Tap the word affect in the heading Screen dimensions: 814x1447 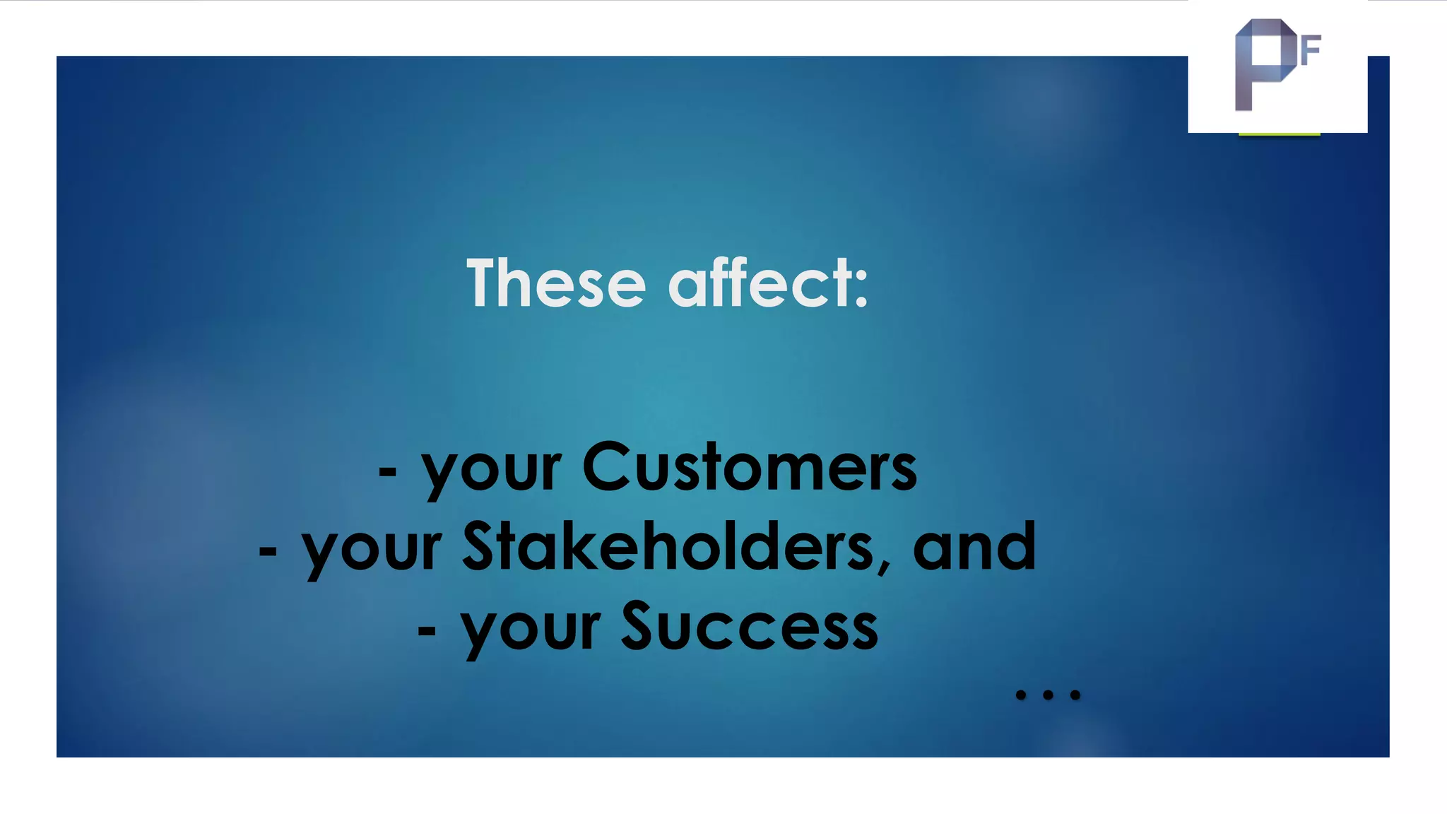click(759, 283)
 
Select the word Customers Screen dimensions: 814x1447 click(750, 467)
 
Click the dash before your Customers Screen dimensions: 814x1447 click(387, 471)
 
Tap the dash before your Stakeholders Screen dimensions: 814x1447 click(268, 551)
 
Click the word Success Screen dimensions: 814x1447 click(750, 627)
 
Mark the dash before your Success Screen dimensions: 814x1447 click(426, 630)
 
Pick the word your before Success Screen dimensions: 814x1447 click(530, 631)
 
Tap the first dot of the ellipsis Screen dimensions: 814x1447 click(1020, 695)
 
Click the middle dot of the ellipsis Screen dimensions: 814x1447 click(1048, 695)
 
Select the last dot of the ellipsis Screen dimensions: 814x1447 click(1075, 695)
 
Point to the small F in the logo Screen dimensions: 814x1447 click(1311, 51)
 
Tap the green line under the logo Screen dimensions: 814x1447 click(1279, 134)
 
